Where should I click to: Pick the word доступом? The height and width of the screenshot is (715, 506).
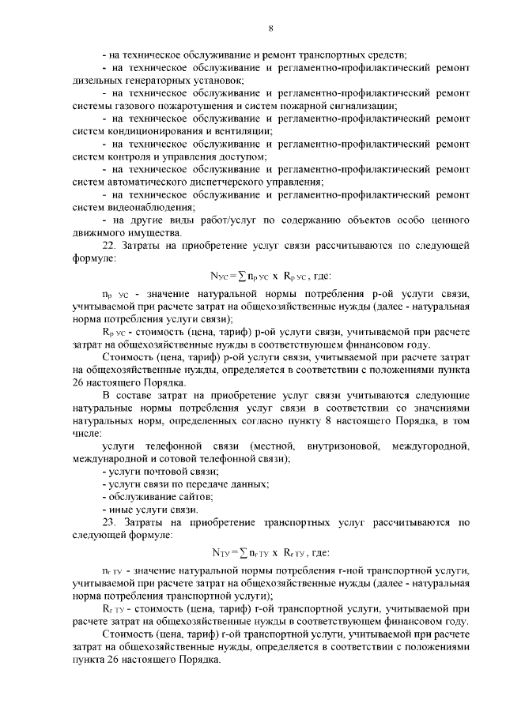click(x=240, y=156)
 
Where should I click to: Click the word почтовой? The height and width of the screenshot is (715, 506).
click(x=162, y=472)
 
